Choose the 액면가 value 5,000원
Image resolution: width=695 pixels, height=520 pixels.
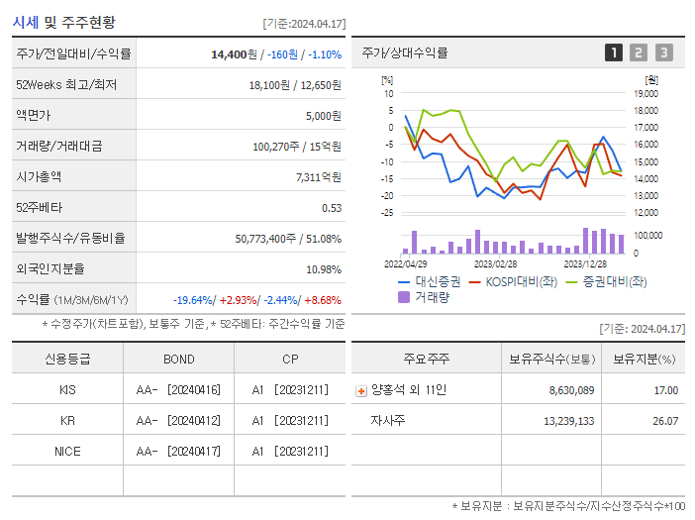point(323,115)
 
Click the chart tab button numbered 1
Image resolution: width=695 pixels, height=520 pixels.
point(614,52)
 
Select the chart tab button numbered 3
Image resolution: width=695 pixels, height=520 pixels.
point(663,52)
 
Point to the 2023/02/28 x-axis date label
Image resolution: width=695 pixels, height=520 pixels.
point(495,263)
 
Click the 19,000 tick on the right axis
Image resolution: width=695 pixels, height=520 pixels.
point(645,93)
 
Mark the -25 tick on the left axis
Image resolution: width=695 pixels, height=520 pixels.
point(387,212)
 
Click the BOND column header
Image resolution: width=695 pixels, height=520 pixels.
point(179,360)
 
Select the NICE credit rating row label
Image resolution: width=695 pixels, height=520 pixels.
point(67,452)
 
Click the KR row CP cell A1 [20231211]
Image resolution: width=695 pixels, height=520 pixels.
point(289,421)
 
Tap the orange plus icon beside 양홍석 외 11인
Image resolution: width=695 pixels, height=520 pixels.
point(360,391)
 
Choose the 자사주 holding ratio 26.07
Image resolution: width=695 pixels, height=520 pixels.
point(665,421)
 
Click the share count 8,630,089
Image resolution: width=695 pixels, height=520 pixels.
point(571,390)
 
